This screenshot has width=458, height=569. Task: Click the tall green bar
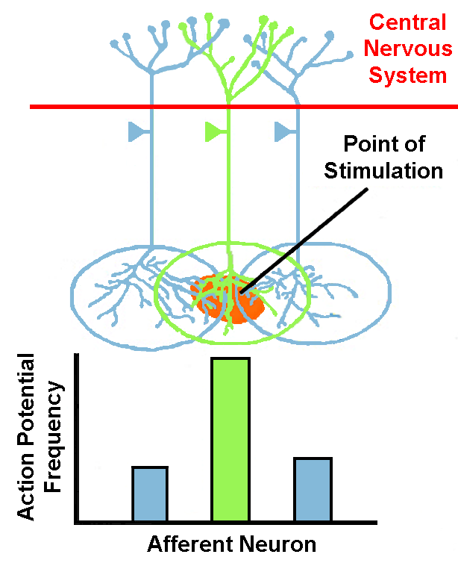(x=230, y=439)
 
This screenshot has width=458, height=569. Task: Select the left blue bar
(x=150, y=494)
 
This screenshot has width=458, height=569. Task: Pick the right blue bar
(x=313, y=489)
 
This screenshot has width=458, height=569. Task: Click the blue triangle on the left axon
(x=137, y=132)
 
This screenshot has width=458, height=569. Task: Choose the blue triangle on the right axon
(x=283, y=132)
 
